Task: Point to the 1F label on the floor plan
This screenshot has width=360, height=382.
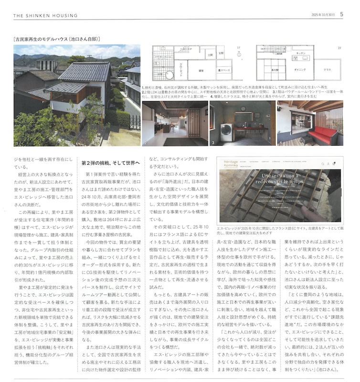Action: point(238,48)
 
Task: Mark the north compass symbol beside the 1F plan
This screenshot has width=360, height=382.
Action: point(239,55)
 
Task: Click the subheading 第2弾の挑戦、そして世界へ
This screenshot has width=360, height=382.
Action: point(110,163)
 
